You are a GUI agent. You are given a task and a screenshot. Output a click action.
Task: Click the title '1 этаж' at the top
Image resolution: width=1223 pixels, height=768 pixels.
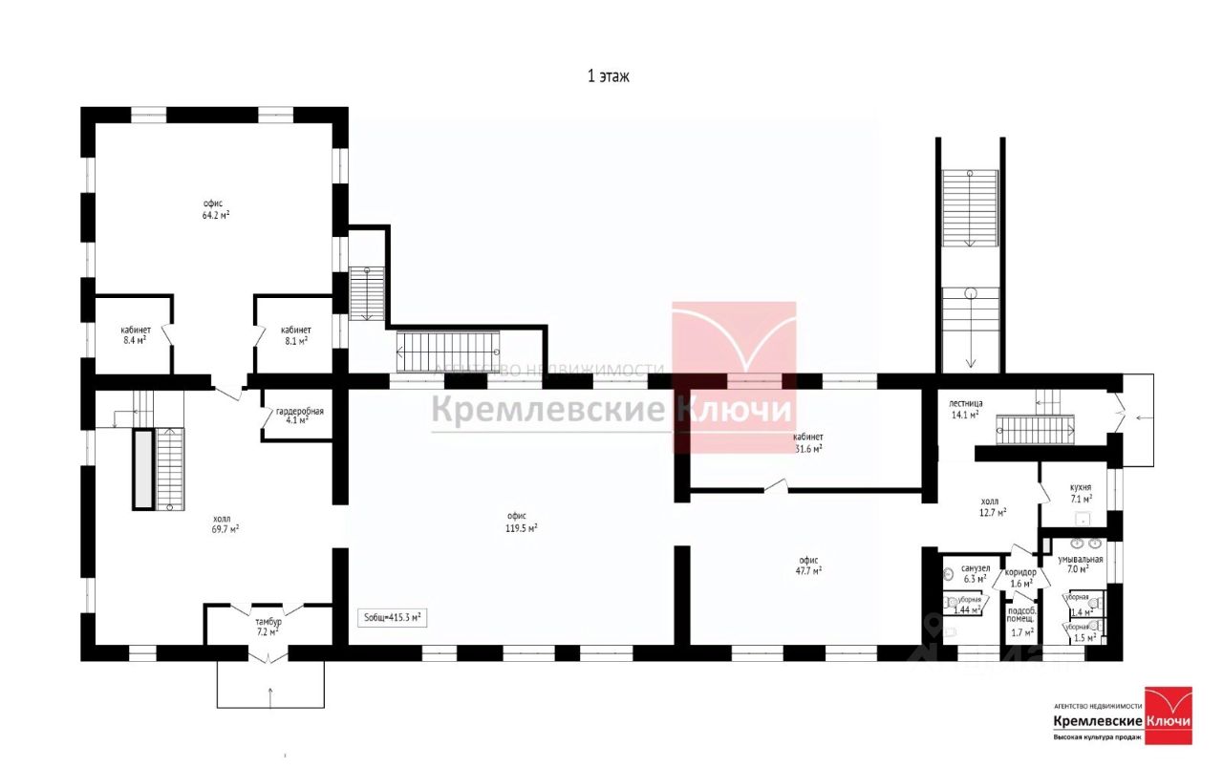(x=608, y=76)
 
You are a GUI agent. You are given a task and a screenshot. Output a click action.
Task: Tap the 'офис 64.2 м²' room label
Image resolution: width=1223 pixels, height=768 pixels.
(x=215, y=209)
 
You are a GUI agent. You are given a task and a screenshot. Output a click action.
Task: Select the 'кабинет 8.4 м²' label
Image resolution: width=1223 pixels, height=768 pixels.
(x=134, y=334)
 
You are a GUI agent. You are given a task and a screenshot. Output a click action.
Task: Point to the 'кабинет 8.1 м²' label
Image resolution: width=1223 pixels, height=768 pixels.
(x=296, y=334)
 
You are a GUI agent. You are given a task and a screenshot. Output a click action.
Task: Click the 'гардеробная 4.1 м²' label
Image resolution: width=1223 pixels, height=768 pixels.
(x=300, y=416)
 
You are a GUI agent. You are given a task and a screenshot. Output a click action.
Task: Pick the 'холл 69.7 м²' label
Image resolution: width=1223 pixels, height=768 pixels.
(x=225, y=522)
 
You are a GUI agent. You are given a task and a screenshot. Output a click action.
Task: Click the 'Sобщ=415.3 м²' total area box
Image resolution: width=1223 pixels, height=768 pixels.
(x=392, y=618)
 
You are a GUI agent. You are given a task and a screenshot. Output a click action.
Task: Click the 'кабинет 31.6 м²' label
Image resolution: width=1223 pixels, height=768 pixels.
(x=807, y=442)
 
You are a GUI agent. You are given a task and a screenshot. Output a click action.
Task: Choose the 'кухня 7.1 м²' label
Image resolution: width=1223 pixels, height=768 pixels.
(x=1081, y=493)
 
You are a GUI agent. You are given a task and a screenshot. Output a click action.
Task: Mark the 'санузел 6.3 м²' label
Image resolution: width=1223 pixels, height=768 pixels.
(x=975, y=572)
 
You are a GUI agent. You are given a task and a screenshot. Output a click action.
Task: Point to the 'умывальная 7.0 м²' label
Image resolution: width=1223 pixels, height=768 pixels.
(x=1080, y=564)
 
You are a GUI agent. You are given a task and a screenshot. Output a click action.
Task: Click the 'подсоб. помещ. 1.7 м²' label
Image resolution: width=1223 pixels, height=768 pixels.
(x=1022, y=621)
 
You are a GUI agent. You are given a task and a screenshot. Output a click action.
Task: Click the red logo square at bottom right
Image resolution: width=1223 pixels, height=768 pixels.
(x=1169, y=715)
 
